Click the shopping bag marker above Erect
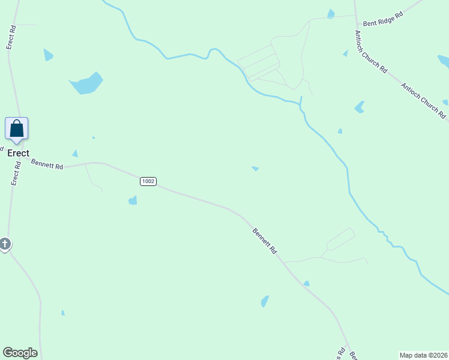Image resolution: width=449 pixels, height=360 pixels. coord(17,129)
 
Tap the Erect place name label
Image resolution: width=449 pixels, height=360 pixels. coord(18,153)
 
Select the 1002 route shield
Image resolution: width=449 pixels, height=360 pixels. coord(148,181)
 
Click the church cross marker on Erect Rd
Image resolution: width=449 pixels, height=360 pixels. coord(5,244)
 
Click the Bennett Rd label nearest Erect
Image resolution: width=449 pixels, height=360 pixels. coord(47,163)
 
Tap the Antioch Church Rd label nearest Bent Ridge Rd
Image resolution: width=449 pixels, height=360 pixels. coord(370,52)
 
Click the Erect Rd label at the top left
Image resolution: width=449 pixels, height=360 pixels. coord(10,38)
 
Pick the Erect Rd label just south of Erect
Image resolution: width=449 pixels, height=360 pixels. coord(17,173)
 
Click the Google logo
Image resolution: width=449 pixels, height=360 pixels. coord(20,353)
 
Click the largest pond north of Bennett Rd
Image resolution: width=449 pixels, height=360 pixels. coord(86,83)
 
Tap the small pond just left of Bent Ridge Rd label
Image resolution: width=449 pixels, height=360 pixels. coord(331,14)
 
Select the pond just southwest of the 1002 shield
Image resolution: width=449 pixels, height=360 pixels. coord(133,200)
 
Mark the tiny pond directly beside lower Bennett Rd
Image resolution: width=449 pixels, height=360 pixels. coord(306,283)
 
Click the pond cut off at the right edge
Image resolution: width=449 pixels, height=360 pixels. coord(444,61)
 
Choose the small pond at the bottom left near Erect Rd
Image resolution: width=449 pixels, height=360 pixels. coord(63,313)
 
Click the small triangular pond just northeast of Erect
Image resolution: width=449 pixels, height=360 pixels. coord(75,154)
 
